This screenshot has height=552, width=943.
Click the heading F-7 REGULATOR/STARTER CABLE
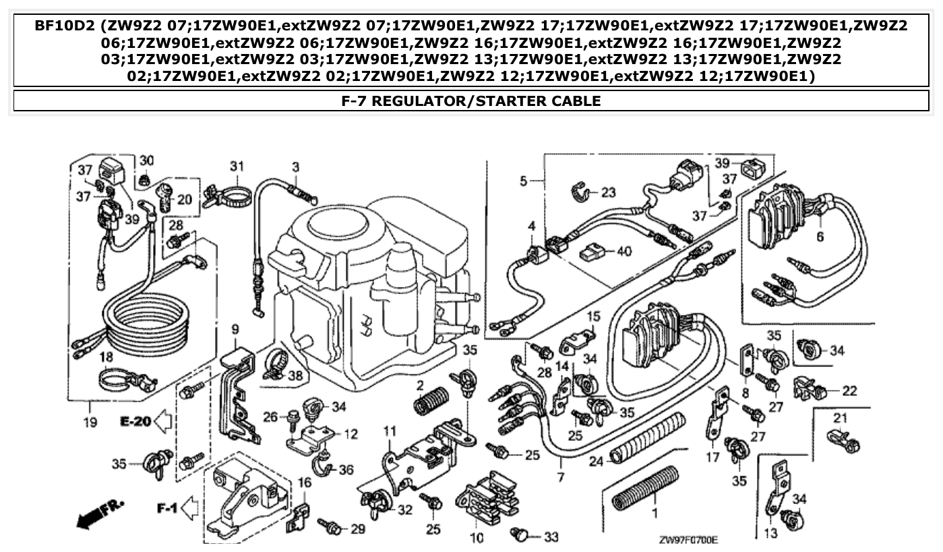pyautogui.click(x=471, y=101)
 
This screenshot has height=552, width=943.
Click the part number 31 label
pyautogui.click(x=235, y=166)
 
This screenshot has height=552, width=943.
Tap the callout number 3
pyautogui.click(x=295, y=166)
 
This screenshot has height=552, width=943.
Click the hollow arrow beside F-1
pyautogui.click(x=189, y=507)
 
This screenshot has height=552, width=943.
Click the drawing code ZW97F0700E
pyautogui.click(x=688, y=541)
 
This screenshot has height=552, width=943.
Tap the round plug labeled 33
pyautogui.click(x=519, y=534)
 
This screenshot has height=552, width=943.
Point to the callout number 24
pyautogui.click(x=595, y=462)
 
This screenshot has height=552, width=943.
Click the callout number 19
pyautogui.click(x=90, y=423)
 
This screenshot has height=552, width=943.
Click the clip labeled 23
pyautogui.click(x=580, y=192)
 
